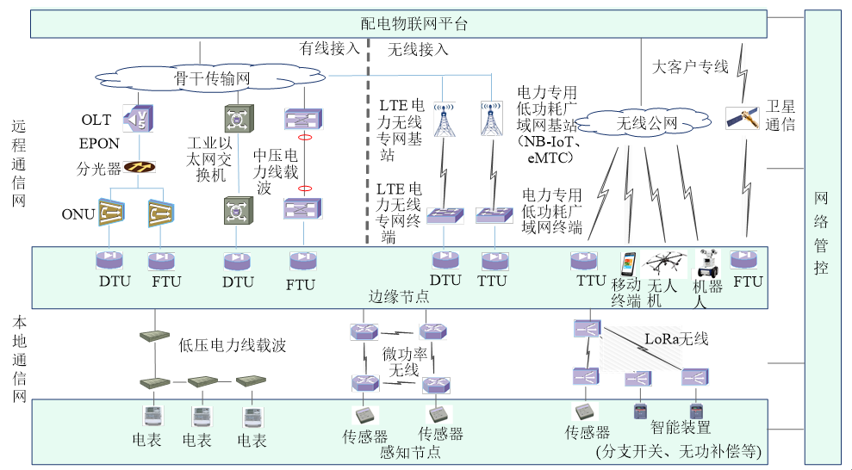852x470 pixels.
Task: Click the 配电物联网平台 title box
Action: [x=413, y=24]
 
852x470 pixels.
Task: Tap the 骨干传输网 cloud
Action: [x=212, y=79]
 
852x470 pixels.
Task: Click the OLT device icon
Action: [x=136, y=119]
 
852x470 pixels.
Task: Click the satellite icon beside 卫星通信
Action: [x=742, y=116]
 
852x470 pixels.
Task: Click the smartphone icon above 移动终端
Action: [x=628, y=263]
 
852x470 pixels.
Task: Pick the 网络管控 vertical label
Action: [x=822, y=233]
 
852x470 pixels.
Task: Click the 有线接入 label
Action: [x=329, y=49]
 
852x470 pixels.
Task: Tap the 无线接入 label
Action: [x=418, y=49]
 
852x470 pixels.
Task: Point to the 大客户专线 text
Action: [x=690, y=66]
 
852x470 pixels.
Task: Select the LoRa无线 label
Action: [x=676, y=339]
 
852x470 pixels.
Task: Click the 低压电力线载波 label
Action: [x=232, y=346]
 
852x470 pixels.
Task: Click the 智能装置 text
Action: [x=681, y=427]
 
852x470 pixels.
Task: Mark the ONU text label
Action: [x=78, y=213]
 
